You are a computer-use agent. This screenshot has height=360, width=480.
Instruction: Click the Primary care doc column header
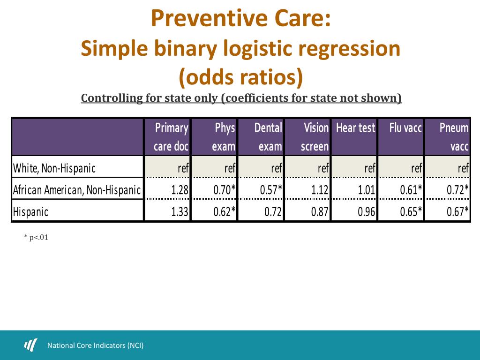pos(171,137)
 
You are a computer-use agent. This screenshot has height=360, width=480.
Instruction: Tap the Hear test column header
pos(355,128)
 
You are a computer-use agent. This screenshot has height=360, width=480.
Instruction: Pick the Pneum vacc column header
pos(454,137)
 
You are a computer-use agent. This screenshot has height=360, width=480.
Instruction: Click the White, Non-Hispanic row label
pos(54,168)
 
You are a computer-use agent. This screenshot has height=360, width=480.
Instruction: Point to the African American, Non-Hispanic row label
pos(77,190)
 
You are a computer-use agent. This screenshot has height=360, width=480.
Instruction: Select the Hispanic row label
pos(31,211)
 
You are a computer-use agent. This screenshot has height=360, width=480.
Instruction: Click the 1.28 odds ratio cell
pos(180,190)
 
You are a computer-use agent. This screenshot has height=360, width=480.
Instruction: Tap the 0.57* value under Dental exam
pos(271,190)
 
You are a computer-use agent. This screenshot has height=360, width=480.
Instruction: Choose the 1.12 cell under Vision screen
pos(320,190)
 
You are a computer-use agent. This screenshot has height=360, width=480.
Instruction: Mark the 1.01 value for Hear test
pos(367,190)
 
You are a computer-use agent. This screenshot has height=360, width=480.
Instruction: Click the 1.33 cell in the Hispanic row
pos(180,211)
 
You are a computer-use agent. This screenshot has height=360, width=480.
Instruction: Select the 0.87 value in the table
pos(320,211)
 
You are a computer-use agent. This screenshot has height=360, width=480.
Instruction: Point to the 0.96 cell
pos(367,211)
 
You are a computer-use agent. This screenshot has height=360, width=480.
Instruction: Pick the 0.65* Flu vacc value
pos(411,211)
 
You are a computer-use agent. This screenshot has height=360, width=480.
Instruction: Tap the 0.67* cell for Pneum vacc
pos(457,211)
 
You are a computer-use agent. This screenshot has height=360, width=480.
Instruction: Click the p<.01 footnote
pos(36,238)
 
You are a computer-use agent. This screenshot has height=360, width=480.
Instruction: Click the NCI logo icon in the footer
pos(30,345)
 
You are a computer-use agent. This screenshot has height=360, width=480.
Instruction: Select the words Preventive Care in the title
pos(241,19)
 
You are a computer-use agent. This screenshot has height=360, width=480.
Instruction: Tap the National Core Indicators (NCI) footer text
pos(95,346)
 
